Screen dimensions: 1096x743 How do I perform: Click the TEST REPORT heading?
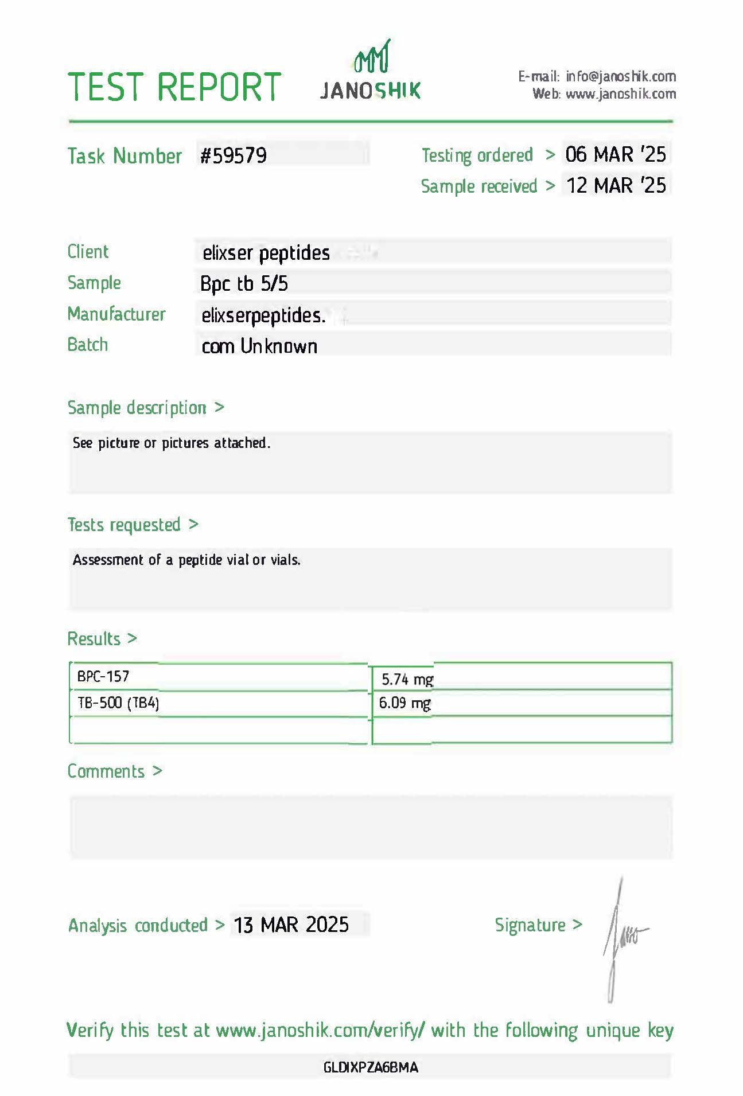(x=174, y=87)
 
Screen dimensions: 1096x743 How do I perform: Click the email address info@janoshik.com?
(x=620, y=76)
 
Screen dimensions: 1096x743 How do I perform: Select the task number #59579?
(x=234, y=155)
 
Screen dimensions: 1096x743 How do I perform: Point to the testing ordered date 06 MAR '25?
(x=615, y=154)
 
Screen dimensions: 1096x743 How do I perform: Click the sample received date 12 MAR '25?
(x=616, y=185)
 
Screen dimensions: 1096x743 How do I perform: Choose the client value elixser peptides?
(x=266, y=253)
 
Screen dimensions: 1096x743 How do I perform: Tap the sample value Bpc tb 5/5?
(x=244, y=283)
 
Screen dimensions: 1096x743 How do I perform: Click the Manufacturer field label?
(x=116, y=314)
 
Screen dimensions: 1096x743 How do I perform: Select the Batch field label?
(x=87, y=345)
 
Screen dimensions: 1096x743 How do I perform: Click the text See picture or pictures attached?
(x=171, y=443)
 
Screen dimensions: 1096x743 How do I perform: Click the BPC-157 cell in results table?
(x=103, y=676)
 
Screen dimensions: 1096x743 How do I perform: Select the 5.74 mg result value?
(x=407, y=680)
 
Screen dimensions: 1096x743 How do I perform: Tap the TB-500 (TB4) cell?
(x=118, y=703)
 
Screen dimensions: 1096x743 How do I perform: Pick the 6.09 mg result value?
(x=404, y=703)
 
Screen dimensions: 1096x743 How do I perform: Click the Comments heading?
(x=106, y=771)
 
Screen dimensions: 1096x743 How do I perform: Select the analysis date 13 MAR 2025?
(x=291, y=925)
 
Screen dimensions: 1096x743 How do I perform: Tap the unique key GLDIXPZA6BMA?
(x=371, y=1067)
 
